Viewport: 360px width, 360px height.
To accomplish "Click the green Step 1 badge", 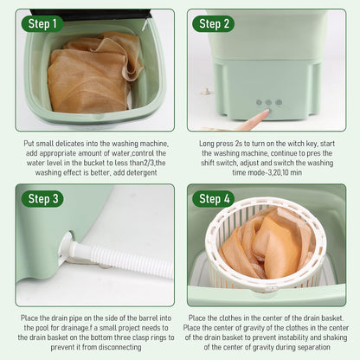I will coord(43,23).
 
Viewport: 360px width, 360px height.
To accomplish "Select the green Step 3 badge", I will coord(43,199).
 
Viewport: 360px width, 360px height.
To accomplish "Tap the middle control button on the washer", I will coord(267,102).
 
